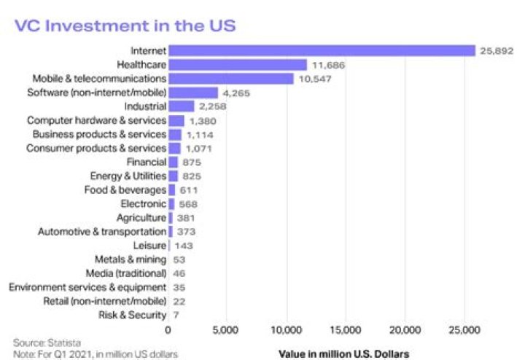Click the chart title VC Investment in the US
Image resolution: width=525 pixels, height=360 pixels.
pyautogui.click(x=125, y=24)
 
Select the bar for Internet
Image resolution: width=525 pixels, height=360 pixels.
pyautogui.click(x=322, y=50)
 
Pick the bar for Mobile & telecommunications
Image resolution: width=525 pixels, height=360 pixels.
pyautogui.click(x=230, y=78)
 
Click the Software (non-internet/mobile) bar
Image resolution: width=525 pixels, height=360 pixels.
pyautogui.click(x=193, y=93)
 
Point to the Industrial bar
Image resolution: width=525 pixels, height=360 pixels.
pyautogui.click(x=181, y=106)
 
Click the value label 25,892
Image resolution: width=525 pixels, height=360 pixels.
pyautogui.click(x=496, y=50)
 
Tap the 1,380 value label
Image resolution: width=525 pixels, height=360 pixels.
pyautogui.click(x=203, y=120)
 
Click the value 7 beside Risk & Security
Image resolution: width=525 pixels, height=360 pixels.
pyautogui.click(x=175, y=315)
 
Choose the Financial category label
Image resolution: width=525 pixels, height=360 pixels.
pyautogui.click(x=146, y=162)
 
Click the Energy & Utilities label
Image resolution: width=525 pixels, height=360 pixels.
pyautogui.click(x=128, y=176)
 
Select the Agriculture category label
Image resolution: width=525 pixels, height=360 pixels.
pyautogui.click(x=141, y=217)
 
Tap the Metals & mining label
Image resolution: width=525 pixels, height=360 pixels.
pyautogui.click(x=130, y=259)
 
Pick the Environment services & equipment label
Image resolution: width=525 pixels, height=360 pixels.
pyautogui.click(x=87, y=287)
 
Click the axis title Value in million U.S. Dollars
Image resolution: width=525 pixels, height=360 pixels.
pyautogui.click(x=344, y=353)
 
